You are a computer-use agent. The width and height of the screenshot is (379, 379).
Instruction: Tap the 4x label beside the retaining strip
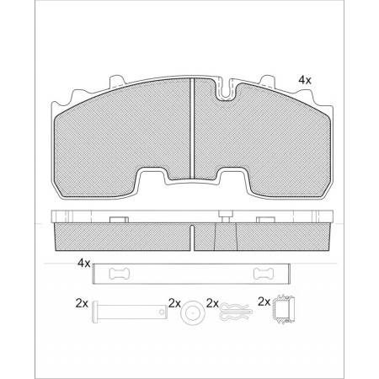[x=83, y=263]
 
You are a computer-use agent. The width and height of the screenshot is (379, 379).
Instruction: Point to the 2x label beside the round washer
[x=174, y=302]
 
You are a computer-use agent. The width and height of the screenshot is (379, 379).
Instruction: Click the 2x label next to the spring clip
[x=212, y=302]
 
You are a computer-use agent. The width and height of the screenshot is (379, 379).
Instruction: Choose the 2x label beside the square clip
[x=263, y=302]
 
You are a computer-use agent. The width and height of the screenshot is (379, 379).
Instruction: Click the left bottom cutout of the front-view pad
[x=155, y=179]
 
